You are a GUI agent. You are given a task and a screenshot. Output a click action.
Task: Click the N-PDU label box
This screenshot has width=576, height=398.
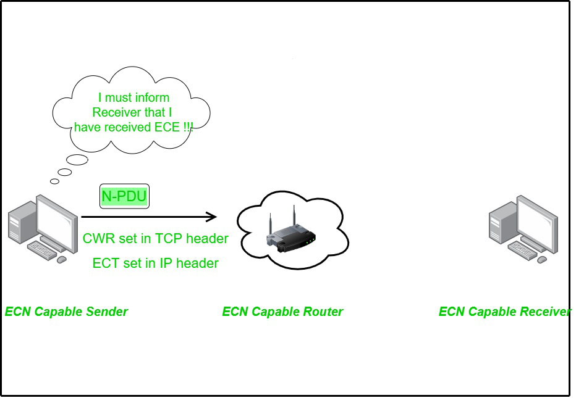click(x=125, y=197)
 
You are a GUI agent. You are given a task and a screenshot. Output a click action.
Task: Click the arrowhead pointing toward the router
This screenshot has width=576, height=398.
click(x=211, y=217)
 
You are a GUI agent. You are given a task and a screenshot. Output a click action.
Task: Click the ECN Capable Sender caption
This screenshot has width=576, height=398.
click(x=66, y=312)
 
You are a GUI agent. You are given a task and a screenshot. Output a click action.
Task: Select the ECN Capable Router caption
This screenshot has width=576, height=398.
click(x=282, y=312)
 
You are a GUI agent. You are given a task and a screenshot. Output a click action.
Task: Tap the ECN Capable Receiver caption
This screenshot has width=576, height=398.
click(x=504, y=312)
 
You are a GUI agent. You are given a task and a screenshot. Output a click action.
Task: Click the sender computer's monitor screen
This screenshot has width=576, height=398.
click(x=56, y=217)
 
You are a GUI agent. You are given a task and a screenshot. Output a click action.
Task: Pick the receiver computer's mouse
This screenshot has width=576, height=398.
click(x=542, y=260)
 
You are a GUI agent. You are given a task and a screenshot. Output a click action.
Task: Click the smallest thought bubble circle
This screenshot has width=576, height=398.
click(x=55, y=181)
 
